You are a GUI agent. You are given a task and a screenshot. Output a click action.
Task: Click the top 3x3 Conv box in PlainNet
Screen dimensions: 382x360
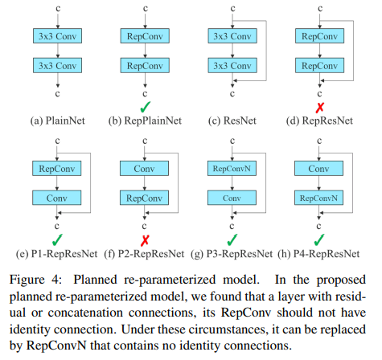tap(57, 36)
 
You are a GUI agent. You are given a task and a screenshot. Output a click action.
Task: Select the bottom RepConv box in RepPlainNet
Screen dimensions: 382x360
tap(145, 66)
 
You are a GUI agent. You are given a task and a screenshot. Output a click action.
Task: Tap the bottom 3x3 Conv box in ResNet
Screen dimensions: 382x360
tap(232, 66)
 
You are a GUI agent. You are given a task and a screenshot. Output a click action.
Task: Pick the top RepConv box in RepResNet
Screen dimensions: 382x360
tap(319, 36)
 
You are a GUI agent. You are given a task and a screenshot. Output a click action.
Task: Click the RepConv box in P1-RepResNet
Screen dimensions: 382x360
tap(57, 169)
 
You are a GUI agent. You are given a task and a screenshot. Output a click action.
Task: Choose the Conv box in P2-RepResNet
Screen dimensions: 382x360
tap(144, 169)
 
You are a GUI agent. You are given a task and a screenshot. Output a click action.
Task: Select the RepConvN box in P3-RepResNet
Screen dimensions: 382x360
tap(232, 169)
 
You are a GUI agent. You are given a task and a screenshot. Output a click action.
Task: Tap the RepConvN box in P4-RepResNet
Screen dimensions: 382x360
tap(318, 198)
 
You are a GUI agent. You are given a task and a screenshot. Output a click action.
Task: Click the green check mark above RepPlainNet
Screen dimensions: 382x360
tap(146, 107)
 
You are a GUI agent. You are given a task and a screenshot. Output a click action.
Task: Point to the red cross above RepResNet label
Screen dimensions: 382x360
tap(320, 108)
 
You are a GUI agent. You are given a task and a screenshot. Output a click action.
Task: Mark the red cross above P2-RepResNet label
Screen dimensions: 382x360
tap(145, 240)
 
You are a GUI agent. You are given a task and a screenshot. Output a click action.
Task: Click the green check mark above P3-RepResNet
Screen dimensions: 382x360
tap(232, 239)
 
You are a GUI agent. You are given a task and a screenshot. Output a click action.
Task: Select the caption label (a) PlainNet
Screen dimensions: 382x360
tap(57, 121)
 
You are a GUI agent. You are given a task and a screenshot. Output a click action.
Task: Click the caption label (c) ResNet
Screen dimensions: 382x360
tap(232, 121)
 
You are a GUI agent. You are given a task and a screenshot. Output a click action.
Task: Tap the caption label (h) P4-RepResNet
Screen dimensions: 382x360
tap(318, 254)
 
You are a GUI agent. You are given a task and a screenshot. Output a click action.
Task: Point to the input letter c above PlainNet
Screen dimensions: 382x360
tap(58, 9)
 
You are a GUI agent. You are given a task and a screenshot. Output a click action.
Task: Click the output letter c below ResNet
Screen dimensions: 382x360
tap(232, 94)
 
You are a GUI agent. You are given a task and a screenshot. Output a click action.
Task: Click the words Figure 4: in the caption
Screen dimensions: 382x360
tap(35, 280)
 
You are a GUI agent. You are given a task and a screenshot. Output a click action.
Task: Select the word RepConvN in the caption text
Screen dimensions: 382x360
tap(56, 346)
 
